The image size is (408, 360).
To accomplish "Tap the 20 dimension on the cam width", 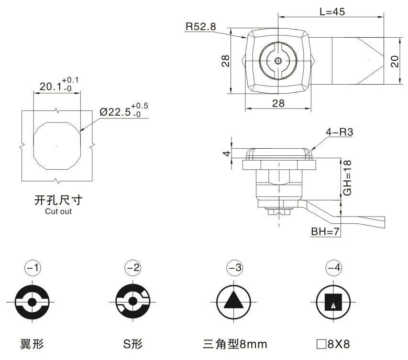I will [395, 61].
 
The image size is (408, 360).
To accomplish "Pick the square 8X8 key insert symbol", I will [333, 303].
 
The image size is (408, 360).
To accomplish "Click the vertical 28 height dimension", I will [226, 61].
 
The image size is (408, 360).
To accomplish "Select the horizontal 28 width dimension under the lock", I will [278, 103].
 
